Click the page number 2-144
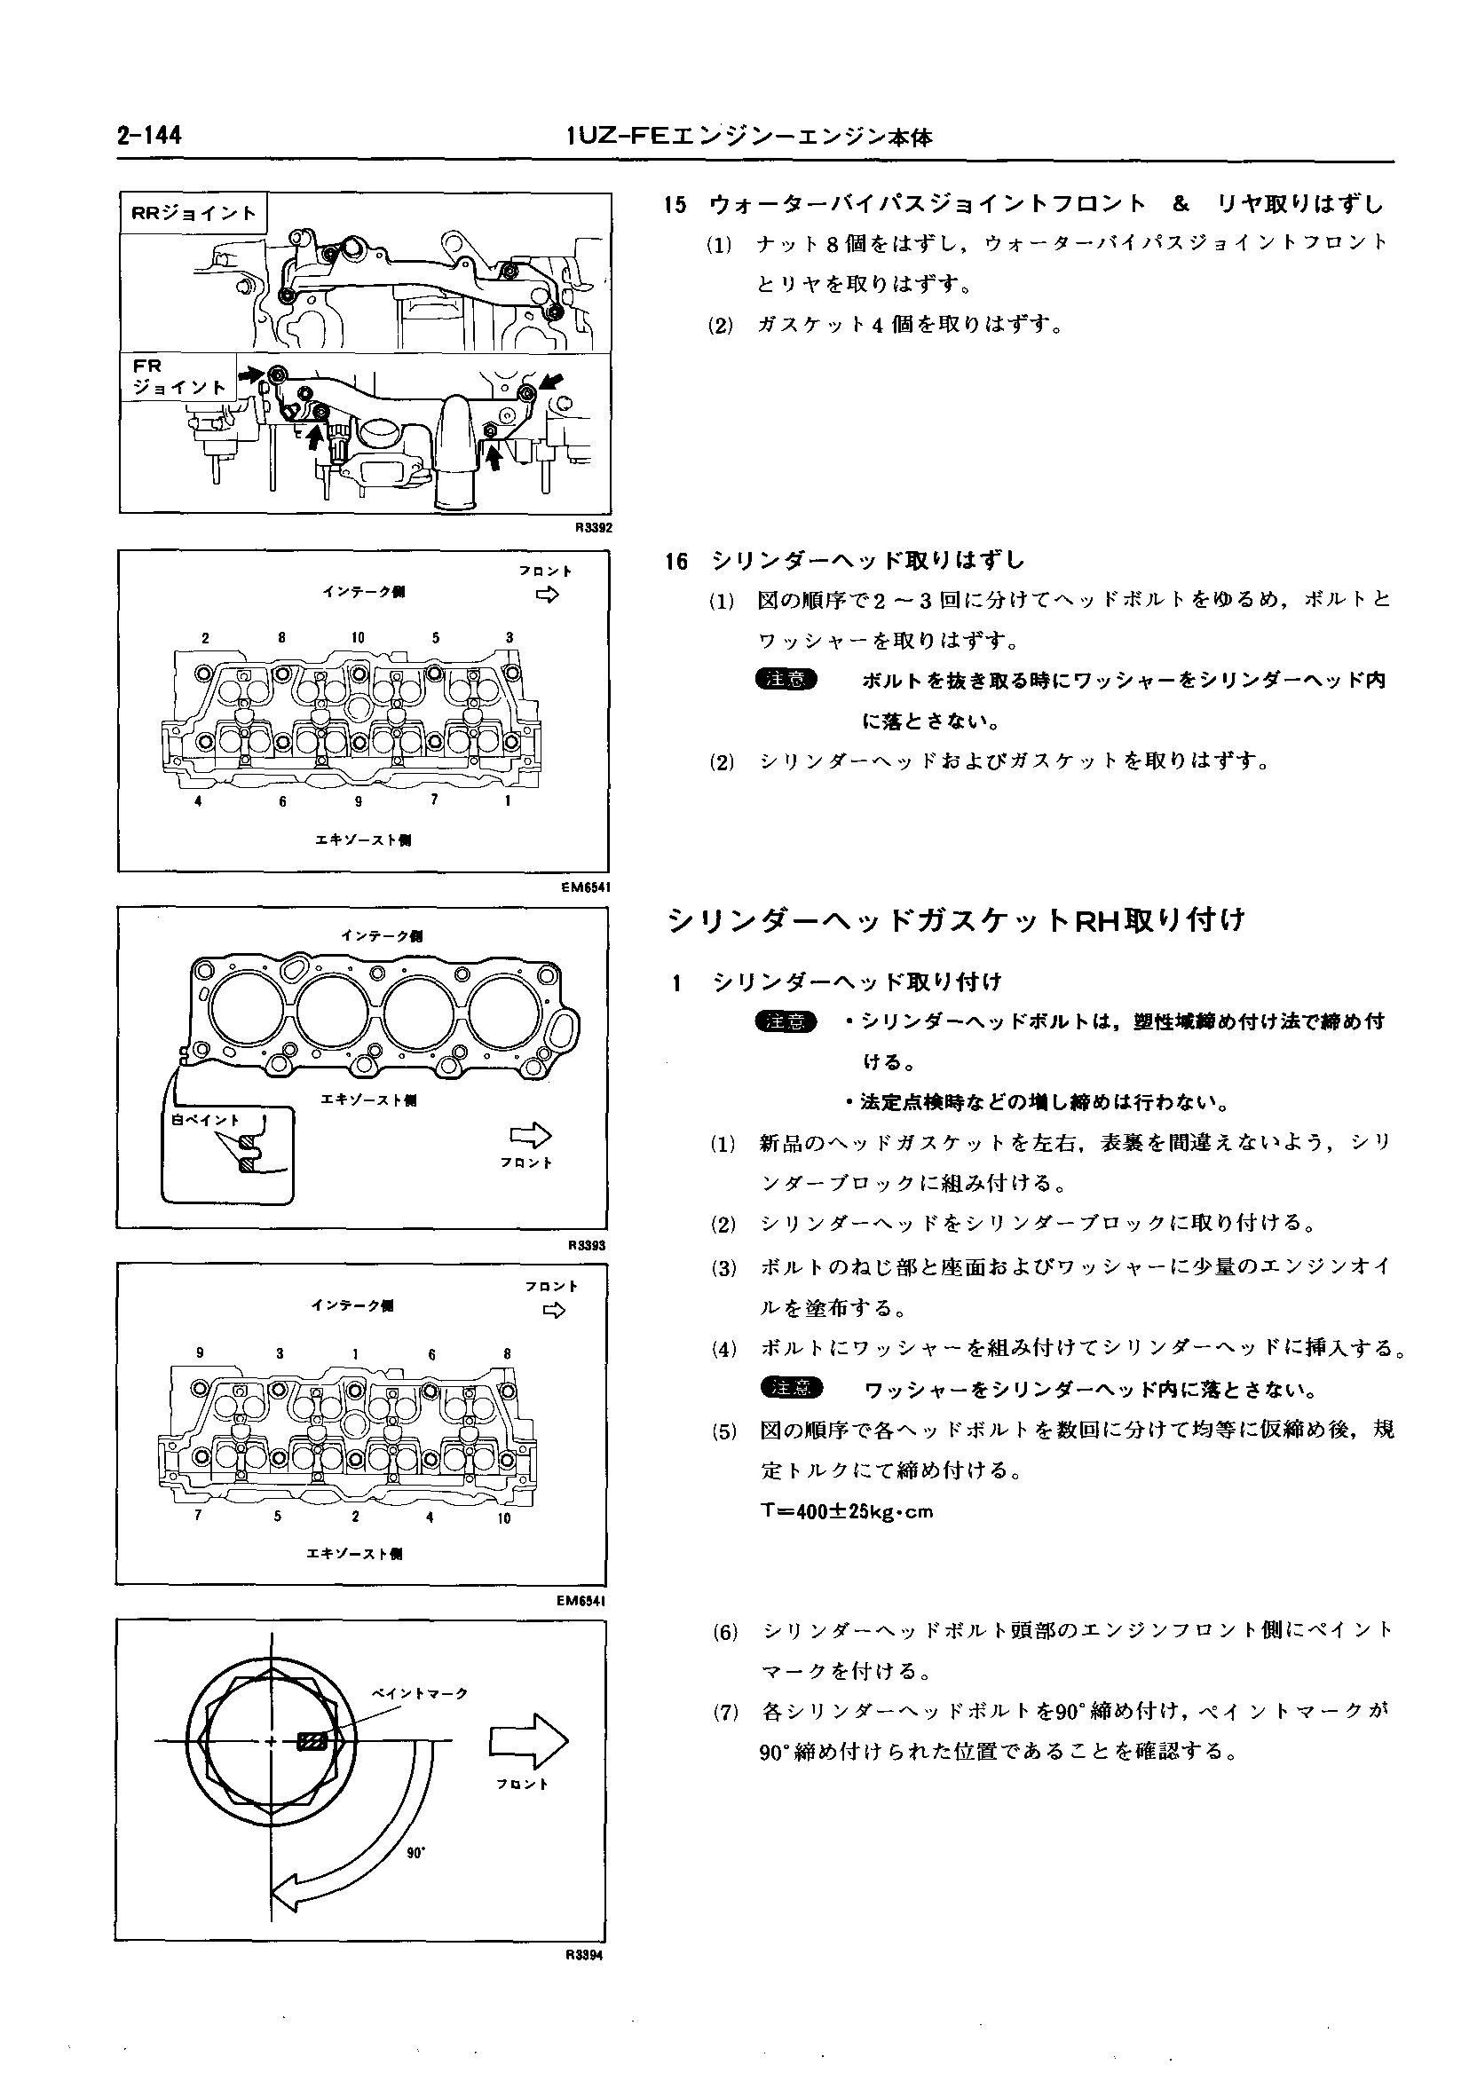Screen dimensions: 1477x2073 point(149,137)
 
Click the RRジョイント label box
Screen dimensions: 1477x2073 point(194,214)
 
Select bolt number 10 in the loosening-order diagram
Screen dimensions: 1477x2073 point(358,638)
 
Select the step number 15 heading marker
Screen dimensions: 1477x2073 point(675,206)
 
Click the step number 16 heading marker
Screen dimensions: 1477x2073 point(675,561)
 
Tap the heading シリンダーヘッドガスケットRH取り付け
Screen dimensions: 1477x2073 point(956,921)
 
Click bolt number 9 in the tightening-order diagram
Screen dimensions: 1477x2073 point(200,1354)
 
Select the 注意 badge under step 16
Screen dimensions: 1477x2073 point(786,679)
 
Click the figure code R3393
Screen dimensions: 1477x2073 point(587,1246)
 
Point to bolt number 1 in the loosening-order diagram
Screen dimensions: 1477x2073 point(508,801)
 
